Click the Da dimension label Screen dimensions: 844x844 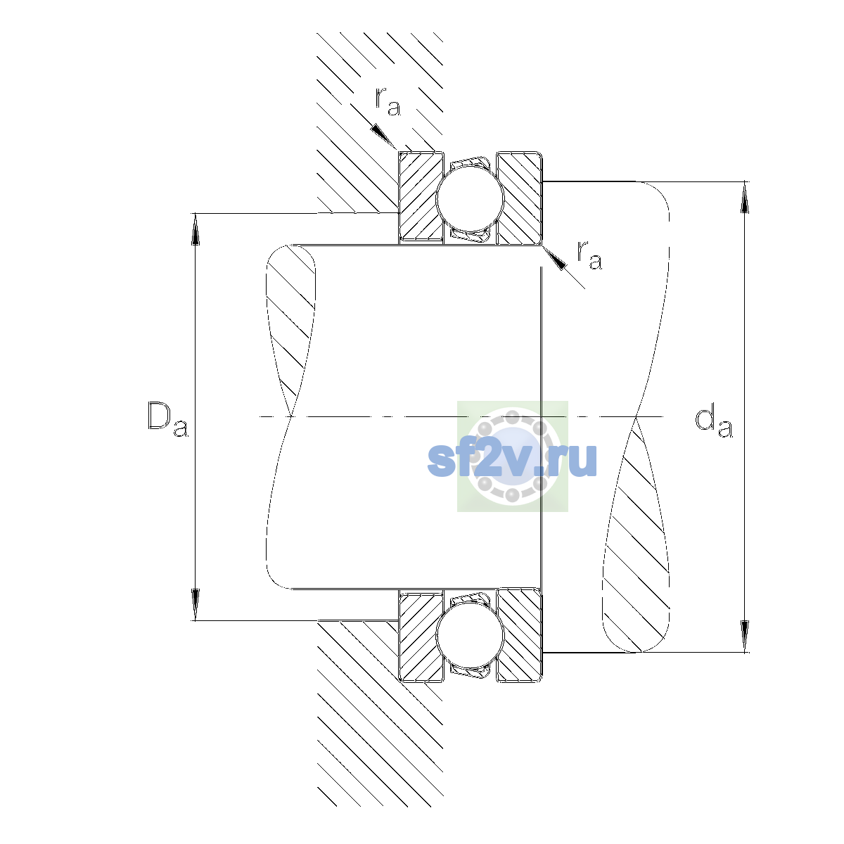pyautogui.click(x=168, y=420)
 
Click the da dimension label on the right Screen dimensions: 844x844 pyautogui.click(x=713, y=423)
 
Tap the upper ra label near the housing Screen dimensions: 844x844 pyautogui.click(x=388, y=101)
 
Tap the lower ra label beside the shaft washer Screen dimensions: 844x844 pyautogui.click(x=589, y=255)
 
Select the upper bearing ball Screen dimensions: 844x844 pyautogui.click(x=470, y=198)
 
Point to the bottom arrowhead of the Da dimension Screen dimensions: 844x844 pyautogui.click(x=196, y=605)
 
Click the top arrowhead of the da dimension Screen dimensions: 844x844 pyautogui.click(x=745, y=197)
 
